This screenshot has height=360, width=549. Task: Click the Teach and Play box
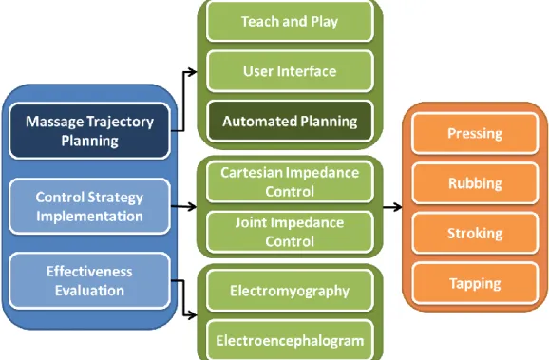[x=290, y=22]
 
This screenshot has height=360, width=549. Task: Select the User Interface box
[x=290, y=71]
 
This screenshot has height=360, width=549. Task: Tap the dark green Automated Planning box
[x=290, y=122]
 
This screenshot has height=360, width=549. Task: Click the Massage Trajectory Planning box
[x=89, y=131]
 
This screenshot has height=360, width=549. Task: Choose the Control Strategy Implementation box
[x=89, y=207]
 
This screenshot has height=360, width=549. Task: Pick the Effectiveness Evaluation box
[x=89, y=281]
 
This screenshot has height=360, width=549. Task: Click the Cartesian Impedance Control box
[x=290, y=182]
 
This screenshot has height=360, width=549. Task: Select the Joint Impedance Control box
[x=290, y=232]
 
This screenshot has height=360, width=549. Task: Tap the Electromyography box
[x=290, y=291]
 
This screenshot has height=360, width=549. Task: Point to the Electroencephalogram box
[x=290, y=340]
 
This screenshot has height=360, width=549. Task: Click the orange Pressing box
[x=475, y=133]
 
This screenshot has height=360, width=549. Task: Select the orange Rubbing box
[x=475, y=183]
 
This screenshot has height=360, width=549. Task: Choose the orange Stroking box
[x=475, y=234]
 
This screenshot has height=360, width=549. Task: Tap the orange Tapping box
[x=475, y=283]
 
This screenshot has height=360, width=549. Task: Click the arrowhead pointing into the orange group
[x=398, y=207]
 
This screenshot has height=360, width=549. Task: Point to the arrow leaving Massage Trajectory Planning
[x=183, y=102]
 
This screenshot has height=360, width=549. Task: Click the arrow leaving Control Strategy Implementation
[x=184, y=207]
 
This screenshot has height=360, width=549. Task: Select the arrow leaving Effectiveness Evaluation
[x=183, y=298]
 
